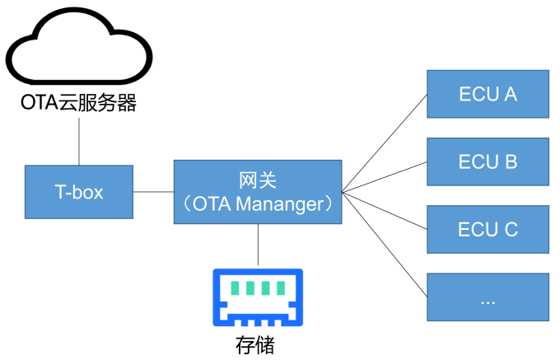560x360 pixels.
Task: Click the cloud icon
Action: [79, 49]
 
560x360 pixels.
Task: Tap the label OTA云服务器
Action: [79, 103]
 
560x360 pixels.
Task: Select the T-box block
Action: [79, 192]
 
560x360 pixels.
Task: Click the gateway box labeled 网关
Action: [258, 191]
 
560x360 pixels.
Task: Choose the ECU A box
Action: [488, 95]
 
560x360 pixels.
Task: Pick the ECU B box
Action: [488, 162]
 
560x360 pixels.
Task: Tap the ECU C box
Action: [488, 230]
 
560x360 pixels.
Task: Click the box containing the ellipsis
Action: [488, 297]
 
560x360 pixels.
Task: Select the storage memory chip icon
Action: [258, 298]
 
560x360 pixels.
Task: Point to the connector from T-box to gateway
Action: [153, 192]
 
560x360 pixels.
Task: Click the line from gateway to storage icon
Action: [259, 245]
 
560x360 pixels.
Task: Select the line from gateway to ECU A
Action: [385, 143]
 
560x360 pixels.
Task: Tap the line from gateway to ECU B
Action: [385, 177]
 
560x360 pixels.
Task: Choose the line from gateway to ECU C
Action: [385, 211]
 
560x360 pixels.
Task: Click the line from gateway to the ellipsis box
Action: [385, 244]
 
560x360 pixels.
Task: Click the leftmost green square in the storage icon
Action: [236, 288]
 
